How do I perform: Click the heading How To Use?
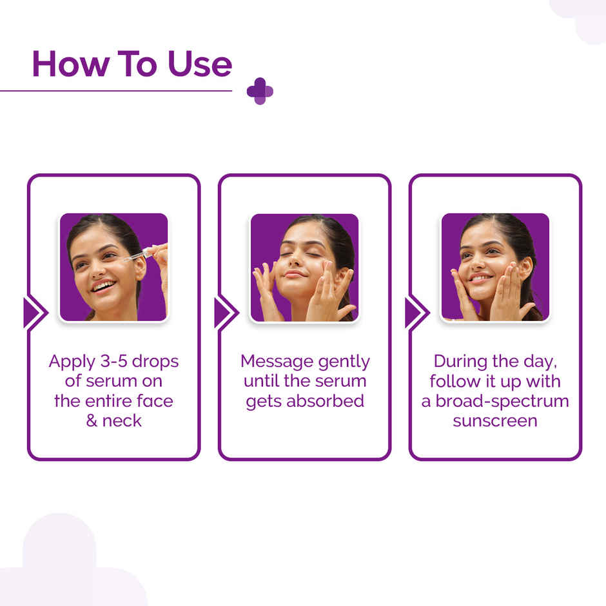[x=132, y=64]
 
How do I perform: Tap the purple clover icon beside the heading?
[x=260, y=91]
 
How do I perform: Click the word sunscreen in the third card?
[x=495, y=421]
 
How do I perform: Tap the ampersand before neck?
[x=92, y=421]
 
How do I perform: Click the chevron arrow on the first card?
[x=34, y=313]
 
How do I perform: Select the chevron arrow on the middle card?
[x=224, y=313]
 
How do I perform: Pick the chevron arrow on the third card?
[x=415, y=313]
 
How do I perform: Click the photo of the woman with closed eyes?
[x=304, y=267]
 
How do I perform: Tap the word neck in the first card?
[x=122, y=421]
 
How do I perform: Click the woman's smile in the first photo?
[x=103, y=286]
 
